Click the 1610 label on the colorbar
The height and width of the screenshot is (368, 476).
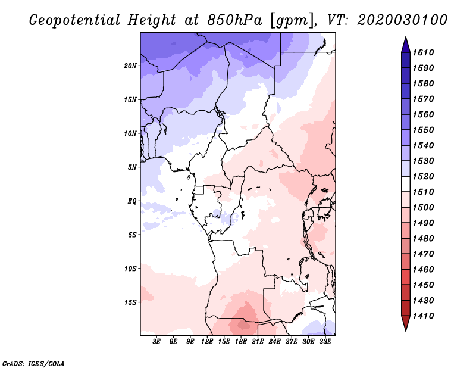pyautogui.click(x=423, y=52)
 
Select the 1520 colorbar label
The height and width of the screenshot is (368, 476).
pyautogui.click(x=423, y=176)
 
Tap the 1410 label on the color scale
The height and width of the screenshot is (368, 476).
pyautogui.click(x=423, y=316)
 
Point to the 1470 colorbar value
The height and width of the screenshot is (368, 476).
pyautogui.click(x=423, y=254)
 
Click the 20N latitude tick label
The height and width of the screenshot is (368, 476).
pyautogui.click(x=130, y=66)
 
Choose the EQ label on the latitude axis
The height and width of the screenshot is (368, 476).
pyautogui.click(x=132, y=201)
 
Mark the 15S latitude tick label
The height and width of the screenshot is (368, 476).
pyautogui.click(x=130, y=302)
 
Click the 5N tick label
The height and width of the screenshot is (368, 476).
pyautogui.click(x=132, y=167)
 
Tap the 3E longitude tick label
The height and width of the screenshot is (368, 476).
pyautogui.click(x=156, y=342)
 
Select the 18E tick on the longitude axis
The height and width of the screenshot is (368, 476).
pyautogui.click(x=241, y=342)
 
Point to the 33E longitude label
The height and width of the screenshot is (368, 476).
pyautogui.click(x=325, y=342)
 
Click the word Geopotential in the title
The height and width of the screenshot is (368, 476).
pyautogui.click(x=75, y=21)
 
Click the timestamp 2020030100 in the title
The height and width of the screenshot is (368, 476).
pyautogui.click(x=402, y=20)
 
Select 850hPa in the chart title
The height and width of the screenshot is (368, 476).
pyautogui.click(x=234, y=20)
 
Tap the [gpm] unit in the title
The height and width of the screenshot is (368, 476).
pyautogui.click(x=292, y=21)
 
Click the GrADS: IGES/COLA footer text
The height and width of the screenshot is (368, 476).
pyautogui.click(x=33, y=363)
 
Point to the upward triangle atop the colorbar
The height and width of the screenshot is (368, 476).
pyautogui.click(x=406, y=45)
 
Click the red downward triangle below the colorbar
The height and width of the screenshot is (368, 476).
pyautogui.click(x=406, y=323)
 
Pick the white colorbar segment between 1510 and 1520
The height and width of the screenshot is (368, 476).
pyautogui.click(x=406, y=184)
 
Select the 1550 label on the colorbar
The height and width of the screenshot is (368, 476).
pyautogui.click(x=423, y=130)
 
